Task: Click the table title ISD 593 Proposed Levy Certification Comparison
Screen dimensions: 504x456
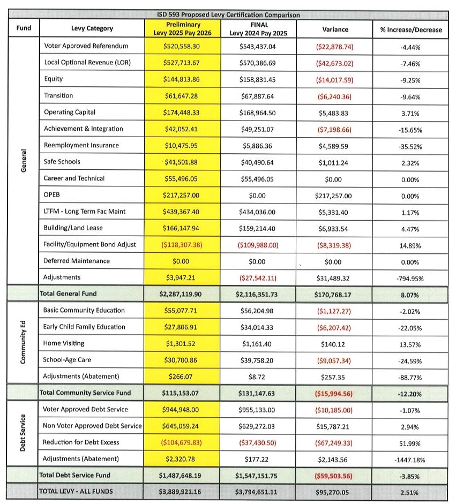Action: [x=228, y=15]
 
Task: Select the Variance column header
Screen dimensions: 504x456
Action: [x=335, y=29]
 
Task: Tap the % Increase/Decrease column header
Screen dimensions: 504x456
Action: [x=410, y=29]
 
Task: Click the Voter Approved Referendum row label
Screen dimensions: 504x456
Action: [x=86, y=46]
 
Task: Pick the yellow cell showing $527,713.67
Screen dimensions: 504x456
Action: [x=182, y=63]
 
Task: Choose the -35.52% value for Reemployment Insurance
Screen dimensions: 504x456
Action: [x=410, y=145]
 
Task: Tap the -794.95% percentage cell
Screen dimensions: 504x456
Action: [x=410, y=277]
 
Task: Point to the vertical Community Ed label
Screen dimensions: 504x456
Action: [x=23, y=343]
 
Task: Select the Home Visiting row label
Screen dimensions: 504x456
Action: [x=64, y=343]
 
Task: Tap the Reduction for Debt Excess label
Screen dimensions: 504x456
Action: [x=81, y=442]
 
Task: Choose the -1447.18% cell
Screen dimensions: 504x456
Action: [x=410, y=459]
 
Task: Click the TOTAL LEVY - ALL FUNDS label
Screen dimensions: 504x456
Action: [x=79, y=492]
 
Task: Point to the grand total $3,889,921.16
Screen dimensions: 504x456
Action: [x=182, y=492]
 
